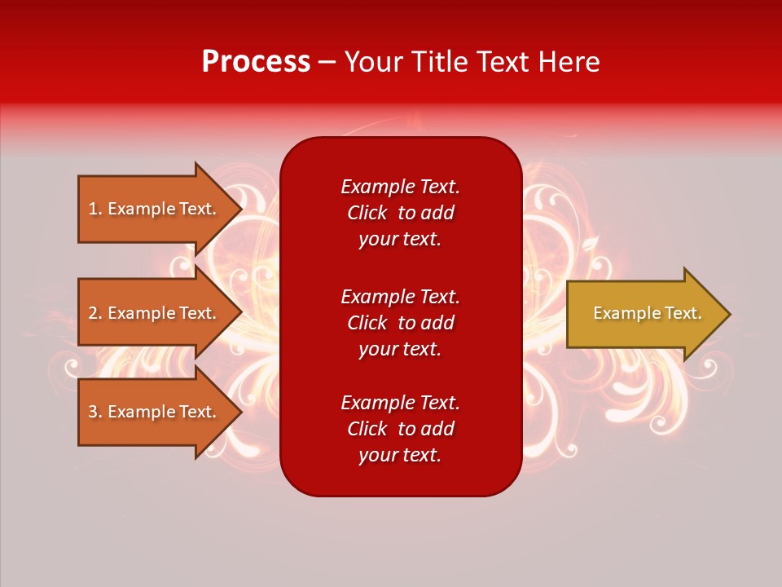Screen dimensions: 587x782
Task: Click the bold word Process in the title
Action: tap(256, 62)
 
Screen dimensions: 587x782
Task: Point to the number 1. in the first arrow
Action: tap(95, 209)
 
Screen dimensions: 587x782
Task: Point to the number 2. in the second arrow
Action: tap(95, 313)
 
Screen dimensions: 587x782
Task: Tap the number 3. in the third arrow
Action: tap(95, 412)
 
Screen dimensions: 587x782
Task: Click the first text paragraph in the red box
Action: tap(400, 213)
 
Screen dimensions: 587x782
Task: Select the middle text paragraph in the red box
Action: tap(400, 323)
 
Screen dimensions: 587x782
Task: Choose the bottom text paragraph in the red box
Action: tap(400, 429)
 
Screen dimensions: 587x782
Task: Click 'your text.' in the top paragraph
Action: tap(400, 239)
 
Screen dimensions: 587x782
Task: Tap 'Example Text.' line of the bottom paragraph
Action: tap(400, 403)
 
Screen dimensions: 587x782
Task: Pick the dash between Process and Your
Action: tap(327, 63)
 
